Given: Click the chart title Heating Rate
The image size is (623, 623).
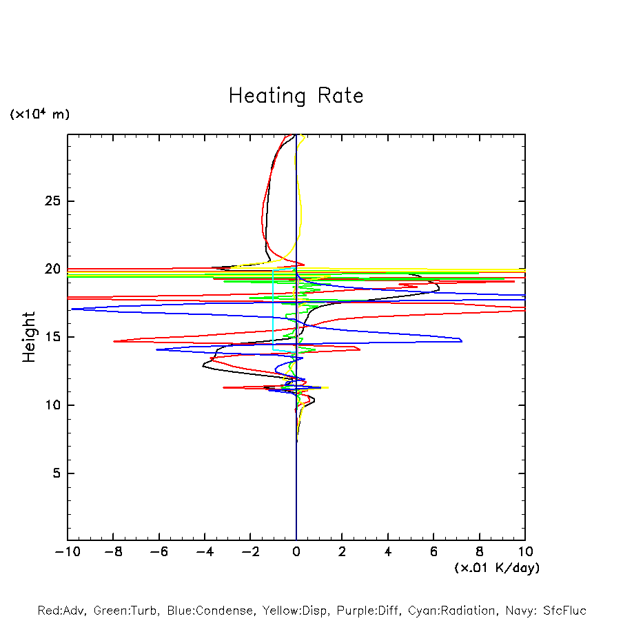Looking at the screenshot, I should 296,96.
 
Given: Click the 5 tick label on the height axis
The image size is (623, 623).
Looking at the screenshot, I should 57,473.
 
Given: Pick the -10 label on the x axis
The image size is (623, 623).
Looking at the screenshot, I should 67,551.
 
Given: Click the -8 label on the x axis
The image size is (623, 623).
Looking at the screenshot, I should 113,551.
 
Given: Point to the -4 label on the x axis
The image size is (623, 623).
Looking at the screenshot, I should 205,551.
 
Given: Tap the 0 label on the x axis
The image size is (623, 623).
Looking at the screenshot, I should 296,551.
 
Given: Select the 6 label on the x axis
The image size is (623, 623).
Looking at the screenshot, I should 433,551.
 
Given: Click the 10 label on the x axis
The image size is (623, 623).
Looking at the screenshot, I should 525,551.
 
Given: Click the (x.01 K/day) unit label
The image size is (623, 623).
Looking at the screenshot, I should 497,568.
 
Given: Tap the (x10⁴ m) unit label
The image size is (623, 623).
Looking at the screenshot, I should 39,114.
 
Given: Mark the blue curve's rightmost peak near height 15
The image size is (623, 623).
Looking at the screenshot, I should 461,340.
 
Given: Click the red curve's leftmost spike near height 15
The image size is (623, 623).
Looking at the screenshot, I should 114,340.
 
